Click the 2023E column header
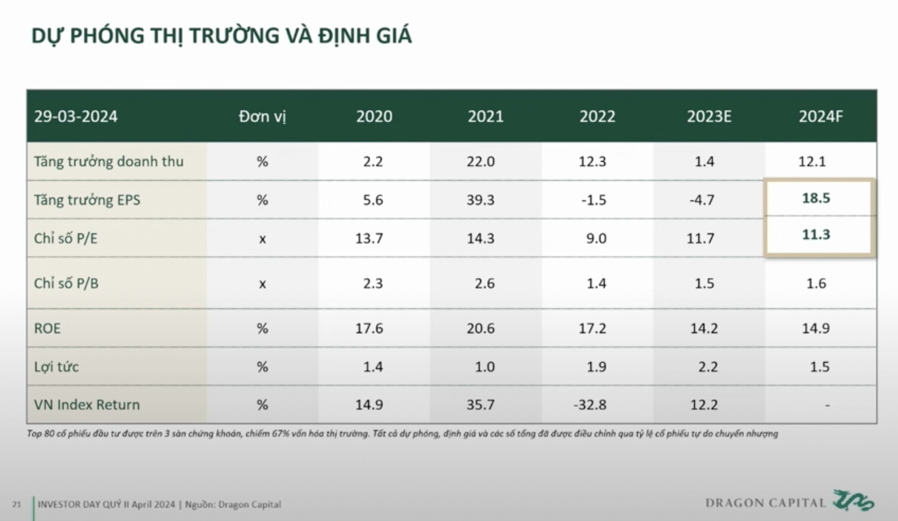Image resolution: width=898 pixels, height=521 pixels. coord(709,116)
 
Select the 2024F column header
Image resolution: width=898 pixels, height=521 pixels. coord(820,116)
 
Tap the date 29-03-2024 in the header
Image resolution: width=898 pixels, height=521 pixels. coord(76,116)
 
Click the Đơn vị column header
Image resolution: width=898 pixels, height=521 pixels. coord(262,116)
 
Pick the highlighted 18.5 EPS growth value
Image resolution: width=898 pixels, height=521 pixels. coord(816,198)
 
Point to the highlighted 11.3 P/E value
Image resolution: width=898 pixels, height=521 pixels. coord(816,235)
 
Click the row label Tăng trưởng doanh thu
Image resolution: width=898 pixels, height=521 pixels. coord(109,161)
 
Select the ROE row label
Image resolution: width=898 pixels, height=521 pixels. coord(47,328)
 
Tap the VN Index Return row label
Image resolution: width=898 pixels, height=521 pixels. coord(87,404)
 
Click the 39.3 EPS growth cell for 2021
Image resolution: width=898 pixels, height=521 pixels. coord(481,200)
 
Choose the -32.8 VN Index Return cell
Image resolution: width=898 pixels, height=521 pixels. coord(590,404)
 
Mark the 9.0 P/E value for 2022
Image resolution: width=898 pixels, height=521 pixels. coord(596,238)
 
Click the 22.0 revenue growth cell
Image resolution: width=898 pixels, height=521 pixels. coord(481,161)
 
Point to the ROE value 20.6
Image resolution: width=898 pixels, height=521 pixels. coord(481,328)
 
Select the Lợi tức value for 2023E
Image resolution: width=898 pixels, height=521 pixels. coord(707,366)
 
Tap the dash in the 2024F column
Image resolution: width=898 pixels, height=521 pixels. coord(827,405)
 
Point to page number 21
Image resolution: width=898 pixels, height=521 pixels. coord(17,505)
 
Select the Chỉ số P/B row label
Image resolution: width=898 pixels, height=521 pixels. coord(66,283)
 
